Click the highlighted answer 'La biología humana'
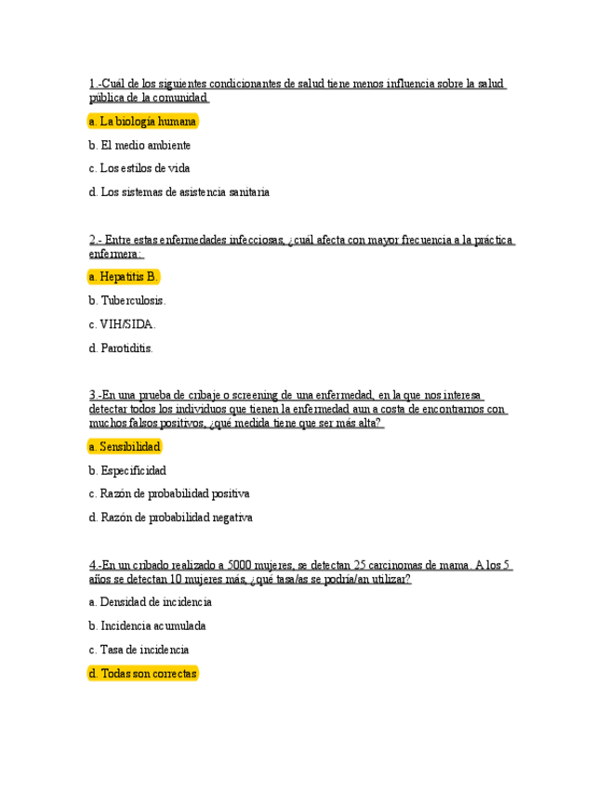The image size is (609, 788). [x=142, y=122]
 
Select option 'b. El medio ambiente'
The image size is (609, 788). [x=139, y=145]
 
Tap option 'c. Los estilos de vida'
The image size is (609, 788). [x=139, y=168]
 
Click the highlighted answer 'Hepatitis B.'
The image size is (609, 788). [x=124, y=277]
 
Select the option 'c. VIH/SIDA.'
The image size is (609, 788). [x=122, y=324]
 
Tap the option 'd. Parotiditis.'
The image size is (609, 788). [x=121, y=348]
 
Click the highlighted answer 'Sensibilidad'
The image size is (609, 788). [x=125, y=447]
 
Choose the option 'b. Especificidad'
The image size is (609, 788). [x=127, y=470]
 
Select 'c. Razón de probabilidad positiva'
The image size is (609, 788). [x=169, y=493]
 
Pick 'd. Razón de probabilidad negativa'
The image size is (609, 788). [x=170, y=518]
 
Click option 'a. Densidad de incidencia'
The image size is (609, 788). [x=150, y=602]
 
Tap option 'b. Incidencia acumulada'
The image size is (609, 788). [x=147, y=626]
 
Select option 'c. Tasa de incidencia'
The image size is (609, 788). [x=139, y=650]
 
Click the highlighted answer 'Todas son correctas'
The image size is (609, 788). [x=142, y=674]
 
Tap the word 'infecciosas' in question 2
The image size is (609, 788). [x=257, y=240]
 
